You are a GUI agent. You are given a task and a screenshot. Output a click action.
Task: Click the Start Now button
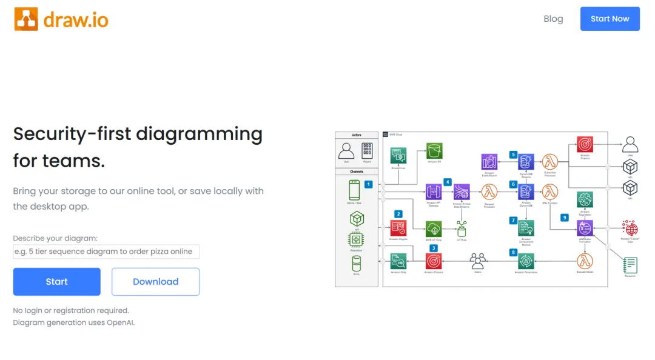pyautogui.click(x=610, y=19)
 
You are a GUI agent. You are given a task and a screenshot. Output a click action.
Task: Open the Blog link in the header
pyautogui.click(x=553, y=19)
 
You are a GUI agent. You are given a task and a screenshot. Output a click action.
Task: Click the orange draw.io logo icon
pyautogui.click(x=26, y=19)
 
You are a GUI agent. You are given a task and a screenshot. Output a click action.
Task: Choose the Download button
pyautogui.click(x=155, y=282)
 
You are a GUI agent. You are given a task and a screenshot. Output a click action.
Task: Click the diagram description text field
pyautogui.click(x=106, y=252)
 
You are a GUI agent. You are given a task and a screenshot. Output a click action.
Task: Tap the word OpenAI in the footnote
pyautogui.click(x=120, y=322)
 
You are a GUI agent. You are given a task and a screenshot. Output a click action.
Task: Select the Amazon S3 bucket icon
pyautogui.click(x=434, y=151)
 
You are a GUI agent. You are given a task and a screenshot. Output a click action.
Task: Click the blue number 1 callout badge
pyautogui.click(x=368, y=185)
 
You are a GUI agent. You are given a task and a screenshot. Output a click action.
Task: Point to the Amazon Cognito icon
pyautogui.click(x=398, y=228)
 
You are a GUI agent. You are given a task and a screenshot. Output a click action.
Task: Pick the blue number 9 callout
pyautogui.click(x=565, y=218)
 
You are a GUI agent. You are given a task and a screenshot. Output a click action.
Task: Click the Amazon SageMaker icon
pyautogui.click(x=585, y=199)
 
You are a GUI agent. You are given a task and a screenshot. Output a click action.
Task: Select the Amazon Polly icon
pyautogui.click(x=398, y=261)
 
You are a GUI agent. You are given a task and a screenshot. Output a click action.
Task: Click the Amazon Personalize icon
pyautogui.click(x=525, y=261)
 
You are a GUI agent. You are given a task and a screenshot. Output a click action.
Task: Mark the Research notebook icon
pyautogui.click(x=631, y=264)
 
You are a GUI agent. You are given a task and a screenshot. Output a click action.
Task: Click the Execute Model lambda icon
pyautogui.click(x=585, y=261)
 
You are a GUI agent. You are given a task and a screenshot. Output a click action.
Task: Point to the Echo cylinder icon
pyautogui.click(x=356, y=263)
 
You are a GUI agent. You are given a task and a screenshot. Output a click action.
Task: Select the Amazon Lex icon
pyautogui.click(x=398, y=155)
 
